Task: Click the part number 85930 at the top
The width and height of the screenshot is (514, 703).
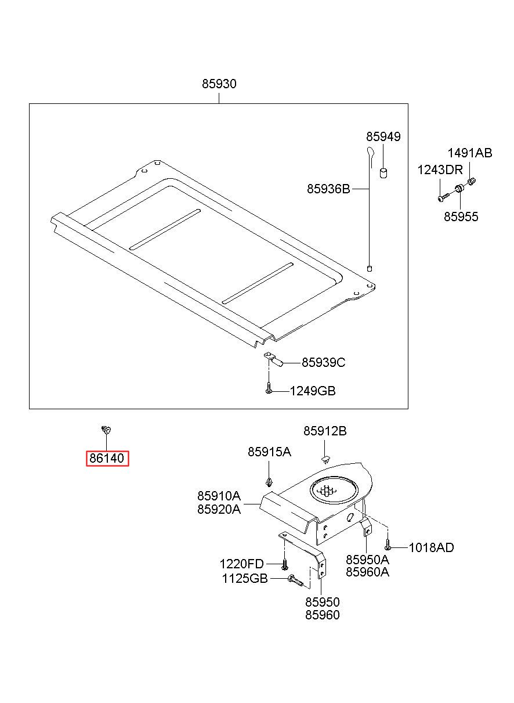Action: tap(219, 84)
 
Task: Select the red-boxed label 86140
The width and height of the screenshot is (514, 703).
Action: tap(107, 458)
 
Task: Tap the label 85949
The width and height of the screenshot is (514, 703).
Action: tap(383, 136)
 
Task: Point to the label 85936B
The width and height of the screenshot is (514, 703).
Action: tap(328, 189)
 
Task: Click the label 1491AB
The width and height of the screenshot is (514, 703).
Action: tap(470, 153)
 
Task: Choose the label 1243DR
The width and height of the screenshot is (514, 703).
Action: tap(440, 170)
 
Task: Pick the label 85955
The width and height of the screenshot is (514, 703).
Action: tap(461, 217)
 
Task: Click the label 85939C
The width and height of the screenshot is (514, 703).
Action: tap(323, 362)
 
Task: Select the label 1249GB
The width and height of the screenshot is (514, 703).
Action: tap(312, 391)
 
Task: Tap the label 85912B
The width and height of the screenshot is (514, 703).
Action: tap(325, 431)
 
